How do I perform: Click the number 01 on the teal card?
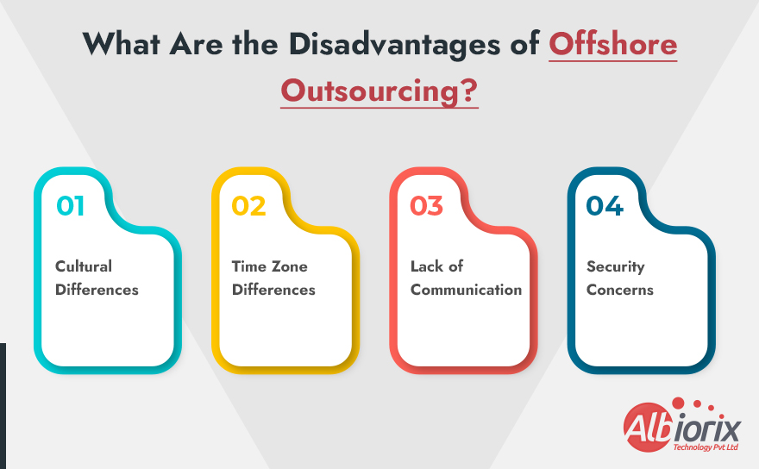pyautogui.click(x=71, y=206)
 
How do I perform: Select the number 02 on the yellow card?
pyautogui.click(x=248, y=206)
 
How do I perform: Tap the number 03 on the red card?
pyautogui.click(x=426, y=206)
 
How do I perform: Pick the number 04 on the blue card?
pyautogui.click(x=605, y=206)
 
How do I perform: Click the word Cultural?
pyautogui.click(x=84, y=266)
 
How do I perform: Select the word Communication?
pyautogui.click(x=466, y=290)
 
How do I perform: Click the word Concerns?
pyautogui.click(x=620, y=290)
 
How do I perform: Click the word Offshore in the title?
pyautogui.click(x=613, y=44)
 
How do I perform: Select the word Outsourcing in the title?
pyautogui.click(x=372, y=89)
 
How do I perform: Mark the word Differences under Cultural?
pyautogui.click(x=97, y=290)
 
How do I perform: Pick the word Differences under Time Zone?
pyautogui.click(x=273, y=290)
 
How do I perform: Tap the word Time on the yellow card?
pyautogui.click(x=249, y=266)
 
